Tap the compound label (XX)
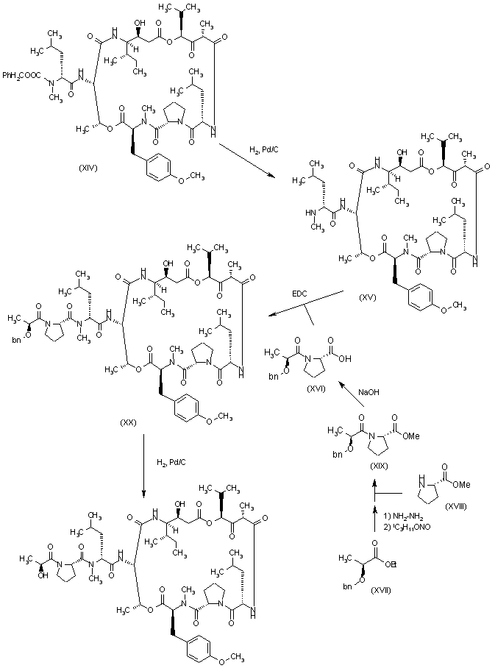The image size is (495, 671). click(x=128, y=422)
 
